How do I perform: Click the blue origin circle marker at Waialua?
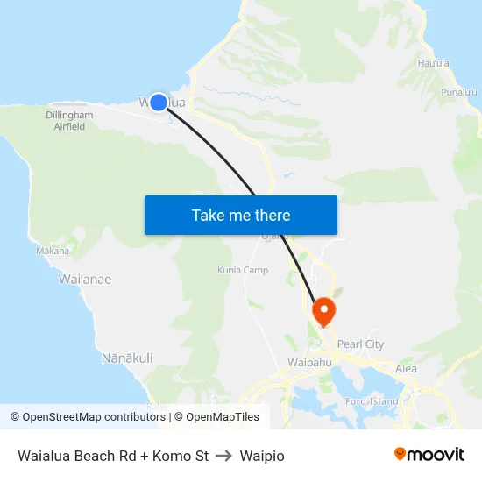tap(159, 103)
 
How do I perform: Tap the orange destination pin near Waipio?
tap(323, 308)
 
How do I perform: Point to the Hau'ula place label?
tap(434, 63)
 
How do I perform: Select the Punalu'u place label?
tap(459, 92)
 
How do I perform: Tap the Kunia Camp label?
tap(243, 270)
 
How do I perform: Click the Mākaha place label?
tap(53, 251)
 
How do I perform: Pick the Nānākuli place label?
tap(127, 358)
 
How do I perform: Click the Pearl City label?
tap(360, 344)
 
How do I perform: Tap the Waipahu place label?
tap(307, 361)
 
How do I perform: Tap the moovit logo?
tap(429, 454)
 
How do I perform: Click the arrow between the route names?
tap(223, 456)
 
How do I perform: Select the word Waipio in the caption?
tap(262, 456)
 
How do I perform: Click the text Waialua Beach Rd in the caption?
tap(67, 456)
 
